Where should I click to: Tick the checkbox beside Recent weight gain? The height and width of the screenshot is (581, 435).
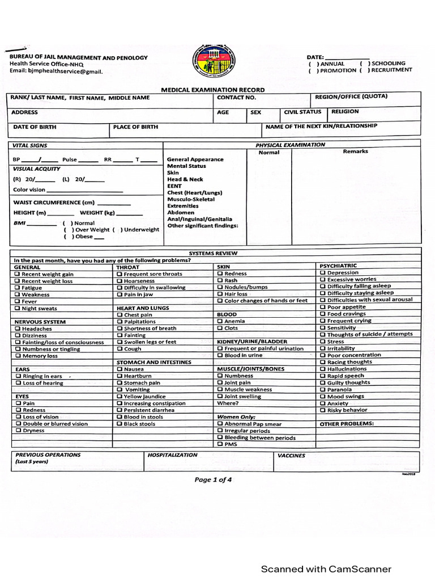18,274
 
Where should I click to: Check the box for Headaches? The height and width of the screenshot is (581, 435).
18,329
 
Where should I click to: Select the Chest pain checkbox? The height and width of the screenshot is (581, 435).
120,315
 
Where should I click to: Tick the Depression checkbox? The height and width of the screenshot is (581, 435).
322,273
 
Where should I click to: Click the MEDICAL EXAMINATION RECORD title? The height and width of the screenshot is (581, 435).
212,90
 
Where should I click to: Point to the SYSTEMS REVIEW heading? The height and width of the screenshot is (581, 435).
212,253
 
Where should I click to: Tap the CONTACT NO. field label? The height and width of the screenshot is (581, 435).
232,98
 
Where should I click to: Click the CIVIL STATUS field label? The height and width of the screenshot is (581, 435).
302,112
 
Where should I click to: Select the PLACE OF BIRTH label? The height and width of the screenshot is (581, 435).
135,127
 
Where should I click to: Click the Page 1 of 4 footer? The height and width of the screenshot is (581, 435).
213,479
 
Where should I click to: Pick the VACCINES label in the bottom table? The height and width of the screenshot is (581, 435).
291,455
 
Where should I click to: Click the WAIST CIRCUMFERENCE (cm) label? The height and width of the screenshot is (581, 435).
54,203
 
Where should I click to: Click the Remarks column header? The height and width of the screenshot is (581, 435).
355,151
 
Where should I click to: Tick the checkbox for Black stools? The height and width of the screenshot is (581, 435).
120,424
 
